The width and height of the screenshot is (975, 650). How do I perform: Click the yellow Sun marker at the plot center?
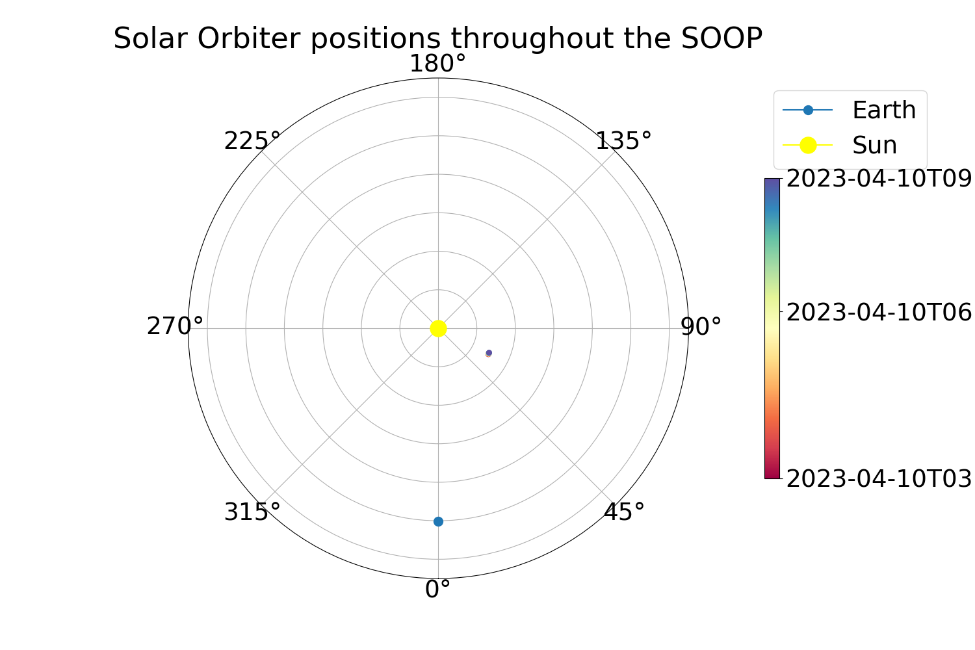tap(438, 328)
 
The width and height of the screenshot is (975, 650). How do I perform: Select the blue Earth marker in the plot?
tap(438, 521)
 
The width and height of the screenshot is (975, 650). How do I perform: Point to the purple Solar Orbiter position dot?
tap(489, 353)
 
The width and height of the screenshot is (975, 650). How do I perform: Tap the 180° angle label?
tap(438, 64)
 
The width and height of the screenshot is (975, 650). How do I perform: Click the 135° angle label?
tap(623, 141)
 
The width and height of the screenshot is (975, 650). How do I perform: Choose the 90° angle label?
tap(701, 326)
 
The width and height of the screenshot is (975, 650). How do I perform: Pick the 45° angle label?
tap(623, 512)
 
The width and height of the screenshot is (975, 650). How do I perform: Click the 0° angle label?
tap(437, 590)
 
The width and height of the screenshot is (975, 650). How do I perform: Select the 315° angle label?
tap(252, 512)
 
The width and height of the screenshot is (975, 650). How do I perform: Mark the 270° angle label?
tap(175, 326)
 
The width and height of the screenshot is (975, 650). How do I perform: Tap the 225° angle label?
tap(252, 141)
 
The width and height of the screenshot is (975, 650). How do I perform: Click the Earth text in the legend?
tap(884, 110)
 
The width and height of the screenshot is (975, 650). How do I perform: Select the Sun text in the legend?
tap(874, 145)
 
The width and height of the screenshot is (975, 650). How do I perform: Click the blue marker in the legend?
tap(808, 110)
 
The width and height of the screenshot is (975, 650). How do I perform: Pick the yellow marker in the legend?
tap(808, 145)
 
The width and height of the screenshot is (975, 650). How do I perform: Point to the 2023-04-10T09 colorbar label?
tap(879, 179)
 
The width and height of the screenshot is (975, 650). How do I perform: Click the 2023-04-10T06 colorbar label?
tap(879, 312)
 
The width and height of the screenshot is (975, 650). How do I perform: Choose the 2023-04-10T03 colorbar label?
tap(879, 478)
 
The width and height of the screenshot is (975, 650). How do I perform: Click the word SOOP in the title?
tap(721, 38)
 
